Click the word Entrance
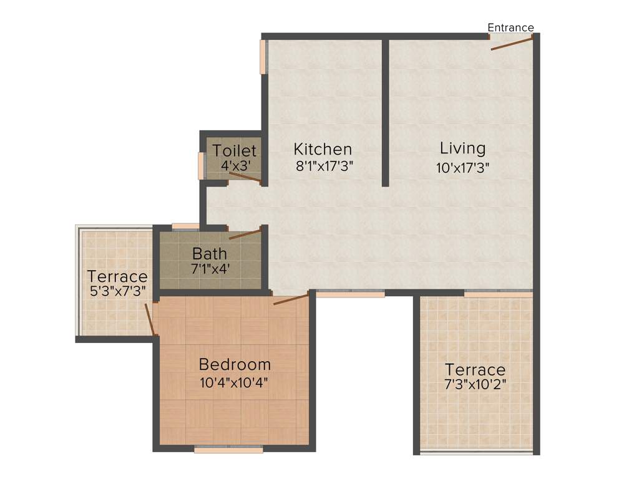[x=510, y=27]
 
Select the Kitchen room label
[x=323, y=150]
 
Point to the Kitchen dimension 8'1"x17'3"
[x=323, y=167]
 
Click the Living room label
[x=462, y=148]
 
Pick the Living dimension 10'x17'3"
[x=462, y=167]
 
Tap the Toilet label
[x=234, y=151]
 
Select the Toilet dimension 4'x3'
[x=234, y=167]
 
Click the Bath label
[x=210, y=254]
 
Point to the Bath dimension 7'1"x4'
[x=210, y=269]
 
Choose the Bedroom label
[x=235, y=364]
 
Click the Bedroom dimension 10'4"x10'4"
[x=235, y=382]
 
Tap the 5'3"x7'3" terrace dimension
[x=118, y=291]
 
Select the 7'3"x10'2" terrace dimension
[x=475, y=384]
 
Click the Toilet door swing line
[x=245, y=177]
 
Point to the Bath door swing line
[x=245, y=234]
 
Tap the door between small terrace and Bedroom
[x=150, y=319]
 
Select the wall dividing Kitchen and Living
[x=386, y=112]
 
